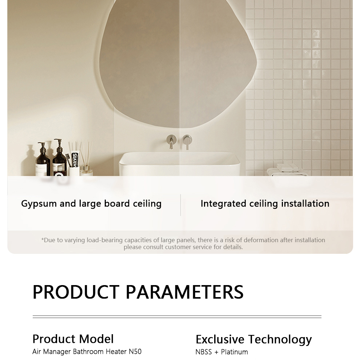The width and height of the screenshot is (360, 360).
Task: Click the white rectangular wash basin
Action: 179,164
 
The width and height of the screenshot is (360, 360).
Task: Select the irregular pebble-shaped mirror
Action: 178,62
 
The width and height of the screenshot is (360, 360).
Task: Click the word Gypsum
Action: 39,204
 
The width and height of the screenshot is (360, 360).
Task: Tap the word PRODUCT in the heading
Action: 76,292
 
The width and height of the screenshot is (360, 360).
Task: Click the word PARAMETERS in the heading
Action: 185,292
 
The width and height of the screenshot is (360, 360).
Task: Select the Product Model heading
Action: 73,339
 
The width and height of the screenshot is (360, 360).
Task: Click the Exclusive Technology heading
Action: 254,340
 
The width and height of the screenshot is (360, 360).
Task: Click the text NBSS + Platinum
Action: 221,352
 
